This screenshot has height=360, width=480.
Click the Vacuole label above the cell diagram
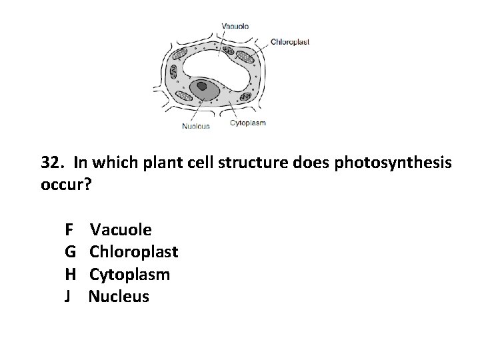coord(235,26)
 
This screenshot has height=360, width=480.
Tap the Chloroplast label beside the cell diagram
coord(290,41)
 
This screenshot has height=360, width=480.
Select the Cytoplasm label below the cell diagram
coord(248,122)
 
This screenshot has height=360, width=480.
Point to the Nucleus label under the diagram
coord(196,126)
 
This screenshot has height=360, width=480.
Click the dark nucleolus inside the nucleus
coord(201,85)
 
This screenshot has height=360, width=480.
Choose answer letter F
coord(69,230)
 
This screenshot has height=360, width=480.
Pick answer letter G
coord(70,252)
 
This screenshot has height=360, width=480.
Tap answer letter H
coord(70,274)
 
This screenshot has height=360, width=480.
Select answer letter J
coord(68,296)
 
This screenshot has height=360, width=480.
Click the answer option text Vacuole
coord(121,230)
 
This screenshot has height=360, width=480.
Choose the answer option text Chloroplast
coord(133,252)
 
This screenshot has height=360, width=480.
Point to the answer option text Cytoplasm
coord(129,274)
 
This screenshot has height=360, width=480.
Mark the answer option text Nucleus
coord(119,296)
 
